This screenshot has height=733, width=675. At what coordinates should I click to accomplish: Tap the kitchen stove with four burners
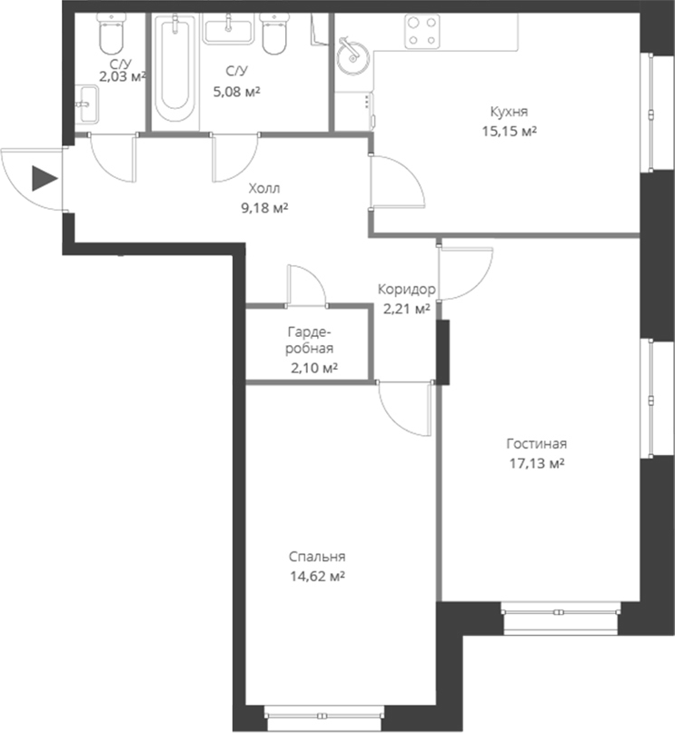(x=421, y=32)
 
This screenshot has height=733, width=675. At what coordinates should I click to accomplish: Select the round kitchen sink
(x=349, y=57)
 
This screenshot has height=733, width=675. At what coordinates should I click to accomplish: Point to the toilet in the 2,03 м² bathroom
(x=111, y=36)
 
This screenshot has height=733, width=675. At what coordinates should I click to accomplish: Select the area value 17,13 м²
(x=536, y=462)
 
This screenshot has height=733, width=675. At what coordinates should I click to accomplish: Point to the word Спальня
(x=317, y=557)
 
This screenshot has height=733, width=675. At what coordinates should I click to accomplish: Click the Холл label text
(x=263, y=189)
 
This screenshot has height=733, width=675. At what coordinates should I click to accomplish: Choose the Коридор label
(x=406, y=290)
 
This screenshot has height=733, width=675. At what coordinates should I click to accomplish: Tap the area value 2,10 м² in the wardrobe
(x=314, y=367)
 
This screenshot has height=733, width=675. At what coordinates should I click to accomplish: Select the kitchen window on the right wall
(x=651, y=111)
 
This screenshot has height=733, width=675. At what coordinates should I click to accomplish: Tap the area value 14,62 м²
(x=317, y=576)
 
